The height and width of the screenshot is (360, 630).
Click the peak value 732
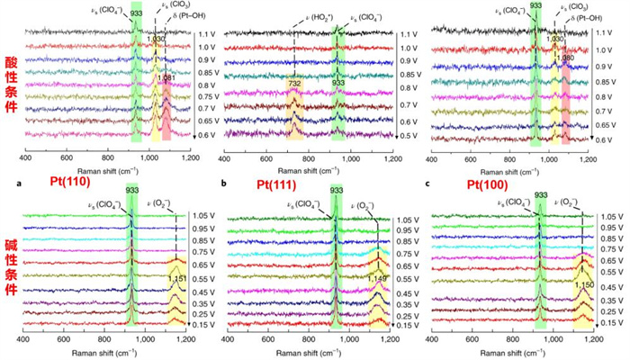(x=295, y=83)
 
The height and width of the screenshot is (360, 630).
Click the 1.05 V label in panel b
(x=409, y=219)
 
